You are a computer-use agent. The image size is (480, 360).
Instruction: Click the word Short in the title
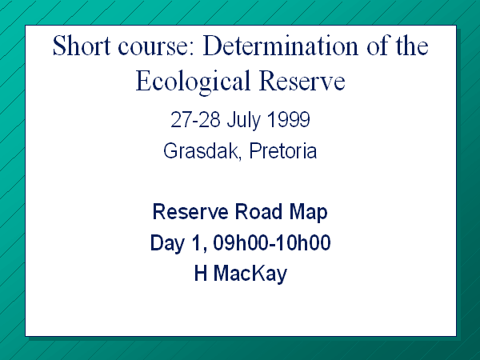point(82,46)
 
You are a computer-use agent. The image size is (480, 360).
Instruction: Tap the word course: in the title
point(156,46)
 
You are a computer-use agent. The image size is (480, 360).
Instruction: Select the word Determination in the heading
point(281,46)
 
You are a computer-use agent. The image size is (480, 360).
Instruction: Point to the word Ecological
point(193,81)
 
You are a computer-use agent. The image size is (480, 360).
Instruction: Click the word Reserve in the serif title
point(302,81)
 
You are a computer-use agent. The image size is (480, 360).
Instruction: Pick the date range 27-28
point(195,119)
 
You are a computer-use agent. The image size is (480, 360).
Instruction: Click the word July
point(243,121)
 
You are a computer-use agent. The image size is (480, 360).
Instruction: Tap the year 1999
point(288,119)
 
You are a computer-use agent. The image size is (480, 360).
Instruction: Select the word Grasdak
point(202,151)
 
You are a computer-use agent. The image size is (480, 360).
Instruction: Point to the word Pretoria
point(283,151)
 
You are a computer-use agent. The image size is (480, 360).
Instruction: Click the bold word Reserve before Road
point(190,211)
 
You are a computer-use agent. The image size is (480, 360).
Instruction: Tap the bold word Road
point(258,211)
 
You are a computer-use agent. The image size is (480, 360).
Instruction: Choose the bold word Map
point(308,213)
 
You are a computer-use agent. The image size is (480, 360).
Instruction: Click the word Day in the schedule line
point(168,244)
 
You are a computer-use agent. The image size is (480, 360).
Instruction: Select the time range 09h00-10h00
point(272,242)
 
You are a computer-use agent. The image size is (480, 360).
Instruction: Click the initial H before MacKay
point(201,273)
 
